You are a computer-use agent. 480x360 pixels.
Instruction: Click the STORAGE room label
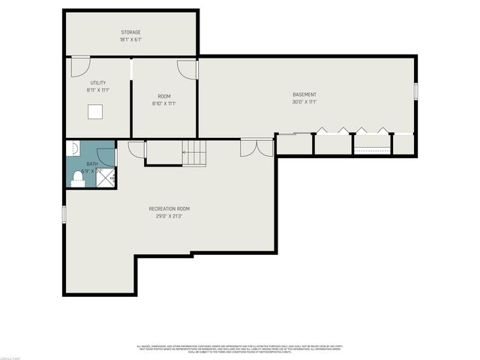[131, 32]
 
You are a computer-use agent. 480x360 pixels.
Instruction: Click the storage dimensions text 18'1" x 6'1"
[131, 40]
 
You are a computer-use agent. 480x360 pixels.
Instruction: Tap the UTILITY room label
[97, 82]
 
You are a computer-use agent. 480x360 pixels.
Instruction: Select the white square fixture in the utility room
[95, 112]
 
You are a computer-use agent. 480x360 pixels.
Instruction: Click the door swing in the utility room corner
[78, 68]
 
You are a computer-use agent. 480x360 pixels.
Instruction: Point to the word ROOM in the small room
[163, 96]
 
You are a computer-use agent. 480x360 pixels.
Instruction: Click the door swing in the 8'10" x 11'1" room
[186, 69]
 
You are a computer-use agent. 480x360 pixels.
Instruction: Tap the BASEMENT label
[304, 94]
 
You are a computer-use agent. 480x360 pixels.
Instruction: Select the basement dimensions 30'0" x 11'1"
[304, 102]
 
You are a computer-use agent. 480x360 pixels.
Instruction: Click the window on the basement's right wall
[415, 91]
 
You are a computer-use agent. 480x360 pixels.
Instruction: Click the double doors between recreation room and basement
[256, 148]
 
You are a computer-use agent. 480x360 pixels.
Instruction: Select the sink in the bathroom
[73, 148]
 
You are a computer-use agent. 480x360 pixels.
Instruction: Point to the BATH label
[91, 163]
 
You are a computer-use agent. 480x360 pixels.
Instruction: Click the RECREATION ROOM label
[169, 208]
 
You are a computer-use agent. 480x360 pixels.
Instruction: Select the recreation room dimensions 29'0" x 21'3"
[169, 216]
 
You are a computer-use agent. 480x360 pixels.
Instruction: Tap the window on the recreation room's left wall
[64, 213]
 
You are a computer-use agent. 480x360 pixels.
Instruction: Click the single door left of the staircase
[136, 148]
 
